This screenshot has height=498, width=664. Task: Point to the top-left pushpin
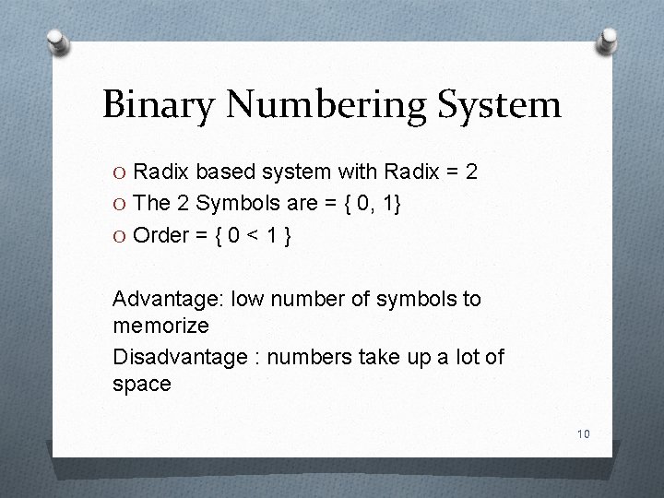point(58,41)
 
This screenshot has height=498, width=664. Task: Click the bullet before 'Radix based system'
point(121,172)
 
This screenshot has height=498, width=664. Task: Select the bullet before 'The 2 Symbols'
point(121,205)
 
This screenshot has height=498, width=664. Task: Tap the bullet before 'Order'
point(121,237)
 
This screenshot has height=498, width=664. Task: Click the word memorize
point(160,326)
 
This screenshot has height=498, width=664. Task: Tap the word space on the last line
point(141,385)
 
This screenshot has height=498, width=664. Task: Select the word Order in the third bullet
point(159,236)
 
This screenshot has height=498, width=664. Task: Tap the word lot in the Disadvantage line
point(467,357)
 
